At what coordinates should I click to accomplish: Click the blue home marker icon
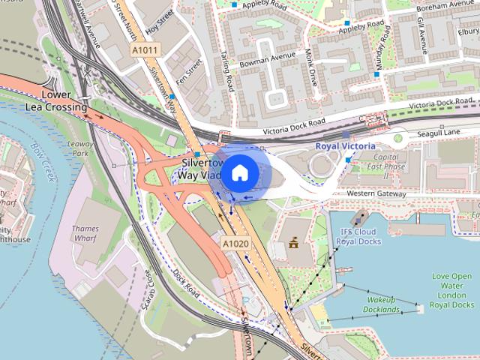point(238,173)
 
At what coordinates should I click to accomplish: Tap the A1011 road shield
point(145,50)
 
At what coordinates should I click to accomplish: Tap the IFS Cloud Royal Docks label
point(358,236)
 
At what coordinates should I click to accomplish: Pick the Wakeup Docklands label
point(382,304)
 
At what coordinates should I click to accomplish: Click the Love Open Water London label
point(453,290)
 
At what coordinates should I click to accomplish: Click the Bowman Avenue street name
point(268,58)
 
